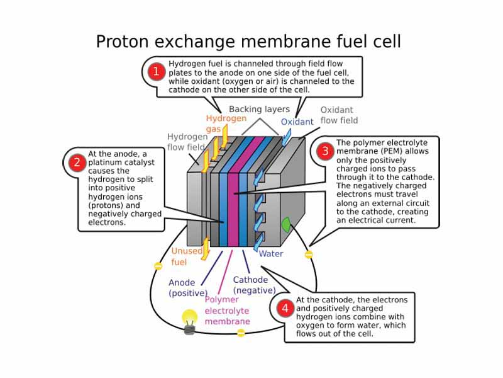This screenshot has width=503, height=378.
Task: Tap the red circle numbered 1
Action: pyautogui.click(x=155, y=71)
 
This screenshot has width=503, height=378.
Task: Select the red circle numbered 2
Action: pyautogui.click(x=77, y=163)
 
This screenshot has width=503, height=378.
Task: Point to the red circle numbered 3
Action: pyautogui.click(x=325, y=151)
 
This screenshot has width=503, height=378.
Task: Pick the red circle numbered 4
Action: pyautogui.click(x=285, y=308)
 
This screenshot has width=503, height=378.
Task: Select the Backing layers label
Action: pyautogui.click(x=259, y=109)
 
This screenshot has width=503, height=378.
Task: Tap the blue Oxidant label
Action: pyautogui.click(x=297, y=122)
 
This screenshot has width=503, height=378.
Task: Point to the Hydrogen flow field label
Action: pyautogui.click(x=187, y=142)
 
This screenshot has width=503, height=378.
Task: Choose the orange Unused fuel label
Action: pyautogui.click(x=187, y=256)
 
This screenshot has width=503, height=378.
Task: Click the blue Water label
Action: pyautogui.click(x=271, y=254)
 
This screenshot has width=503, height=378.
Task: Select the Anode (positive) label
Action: pyautogui.click(x=187, y=288)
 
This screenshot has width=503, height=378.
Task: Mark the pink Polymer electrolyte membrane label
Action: pyautogui.click(x=227, y=310)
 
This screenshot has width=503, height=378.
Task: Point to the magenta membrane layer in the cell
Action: pyautogui.click(x=233, y=195)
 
